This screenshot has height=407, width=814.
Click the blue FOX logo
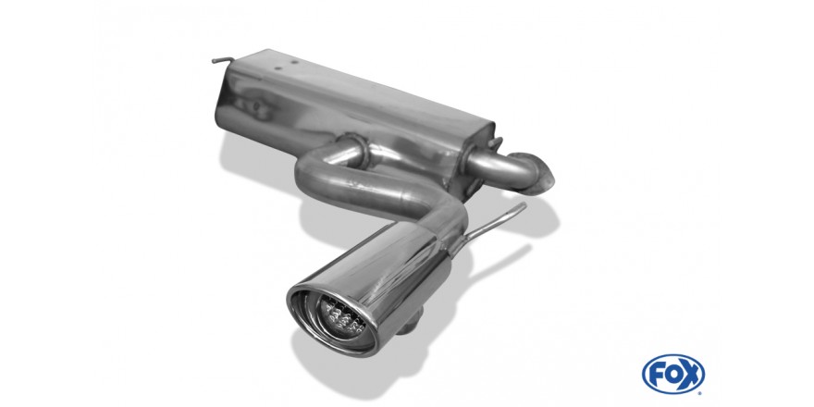[x=672, y=374]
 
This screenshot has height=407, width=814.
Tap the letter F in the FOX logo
[x=657, y=375]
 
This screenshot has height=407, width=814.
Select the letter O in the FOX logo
[x=672, y=374]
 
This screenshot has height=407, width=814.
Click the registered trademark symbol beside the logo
[x=702, y=390]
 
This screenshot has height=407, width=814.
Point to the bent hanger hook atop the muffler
[x=222, y=61]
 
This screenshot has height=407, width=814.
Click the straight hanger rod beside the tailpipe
[x=493, y=223]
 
